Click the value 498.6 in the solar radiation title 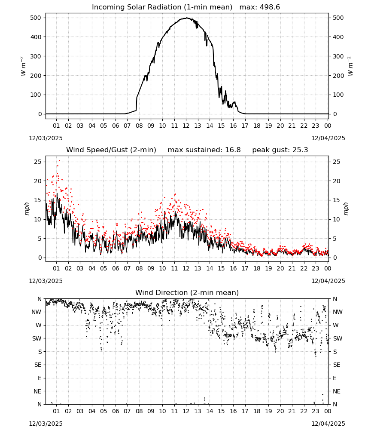[x=270, y=7]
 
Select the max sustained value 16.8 [x=233, y=150]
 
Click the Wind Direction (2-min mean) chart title [x=187, y=292]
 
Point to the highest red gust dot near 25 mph [x=59, y=161]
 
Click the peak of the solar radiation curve [x=186, y=18]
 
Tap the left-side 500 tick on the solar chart [x=36, y=18]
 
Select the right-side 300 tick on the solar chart [x=338, y=56]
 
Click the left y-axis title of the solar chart [x=23, y=66]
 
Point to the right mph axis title [x=346, y=209]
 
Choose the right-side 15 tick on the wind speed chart [x=336, y=200]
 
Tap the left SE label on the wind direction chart [x=38, y=365]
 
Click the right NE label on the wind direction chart [x=337, y=391]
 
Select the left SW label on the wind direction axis [x=37, y=338]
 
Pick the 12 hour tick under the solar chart [x=186, y=126]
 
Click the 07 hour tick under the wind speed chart [x=127, y=268]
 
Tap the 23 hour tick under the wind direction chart [x=316, y=411]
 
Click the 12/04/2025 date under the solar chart [x=328, y=138]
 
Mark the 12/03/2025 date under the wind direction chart [x=46, y=424]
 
